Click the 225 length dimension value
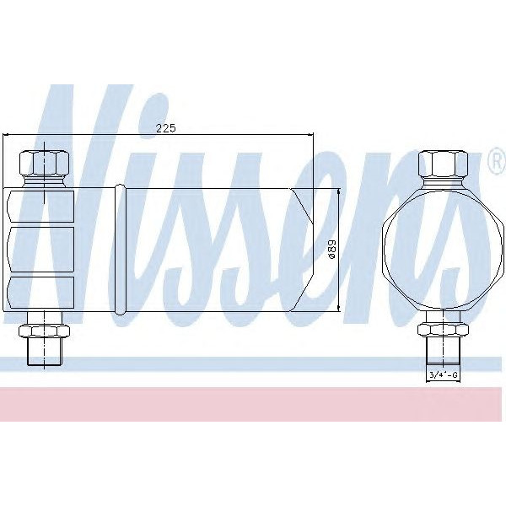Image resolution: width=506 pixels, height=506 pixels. click(166, 128)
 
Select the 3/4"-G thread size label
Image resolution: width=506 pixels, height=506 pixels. click(444, 375)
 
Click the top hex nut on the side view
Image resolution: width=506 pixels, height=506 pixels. click(44, 163)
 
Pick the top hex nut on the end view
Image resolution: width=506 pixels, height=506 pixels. click(444, 163)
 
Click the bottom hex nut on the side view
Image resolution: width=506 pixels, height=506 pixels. click(44, 331)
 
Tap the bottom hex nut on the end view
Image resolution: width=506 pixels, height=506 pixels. click(444, 330)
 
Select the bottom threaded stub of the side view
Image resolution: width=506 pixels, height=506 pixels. click(44, 351)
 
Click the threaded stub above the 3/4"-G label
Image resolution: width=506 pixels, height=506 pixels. click(444, 350)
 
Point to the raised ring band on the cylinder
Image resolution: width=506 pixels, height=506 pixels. click(120, 250)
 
